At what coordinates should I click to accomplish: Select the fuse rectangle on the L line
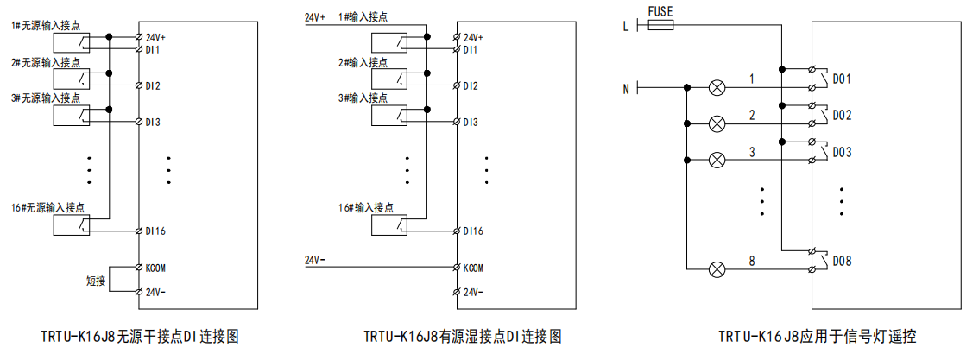tap(661, 27)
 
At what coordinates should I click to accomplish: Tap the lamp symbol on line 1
tap(716, 87)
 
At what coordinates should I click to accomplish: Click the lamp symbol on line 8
tap(716, 269)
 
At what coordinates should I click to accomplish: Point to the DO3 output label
tap(842, 153)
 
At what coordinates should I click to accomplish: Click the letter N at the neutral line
tap(626, 88)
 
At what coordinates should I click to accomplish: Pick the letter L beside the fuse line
tap(626, 27)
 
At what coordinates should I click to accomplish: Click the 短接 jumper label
tap(96, 281)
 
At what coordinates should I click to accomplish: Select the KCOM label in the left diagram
tap(156, 267)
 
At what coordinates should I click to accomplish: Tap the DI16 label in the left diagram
tap(156, 231)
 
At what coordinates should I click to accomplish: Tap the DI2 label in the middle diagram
tap(471, 86)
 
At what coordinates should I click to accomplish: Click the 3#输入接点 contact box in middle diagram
tap(394, 115)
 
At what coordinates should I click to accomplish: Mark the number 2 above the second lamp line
tap(752, 115)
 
